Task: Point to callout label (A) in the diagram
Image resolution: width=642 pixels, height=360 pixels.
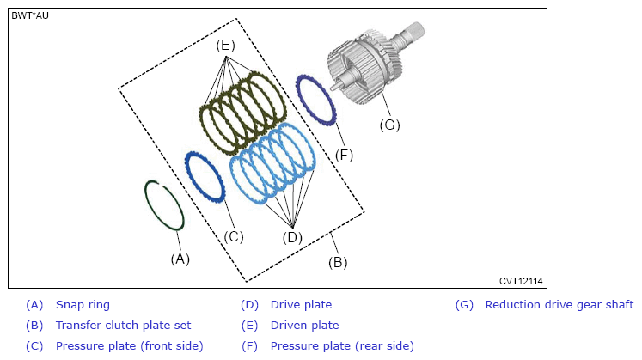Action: tap(180, 259)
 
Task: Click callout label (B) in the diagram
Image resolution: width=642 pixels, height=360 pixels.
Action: tap(338, 262)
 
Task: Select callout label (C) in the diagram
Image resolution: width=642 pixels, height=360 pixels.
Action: tap(234, 237)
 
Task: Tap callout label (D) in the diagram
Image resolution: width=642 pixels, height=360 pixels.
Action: tap(292, 237)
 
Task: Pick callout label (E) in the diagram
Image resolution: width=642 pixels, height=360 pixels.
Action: tap(225, 45)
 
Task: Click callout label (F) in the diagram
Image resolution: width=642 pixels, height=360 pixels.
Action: tap(344, 156)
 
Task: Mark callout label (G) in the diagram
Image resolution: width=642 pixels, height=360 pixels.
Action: tap(390, 125)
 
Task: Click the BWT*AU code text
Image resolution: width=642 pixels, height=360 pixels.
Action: tap(30, 15)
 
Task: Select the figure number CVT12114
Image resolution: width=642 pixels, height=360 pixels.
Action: tap(521, 281)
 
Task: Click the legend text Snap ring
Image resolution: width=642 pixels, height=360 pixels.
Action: tap(83, 305)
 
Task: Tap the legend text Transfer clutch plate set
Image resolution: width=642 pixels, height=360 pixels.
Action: tap(123, 326)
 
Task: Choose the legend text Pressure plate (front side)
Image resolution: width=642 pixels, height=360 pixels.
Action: tap(130, 346)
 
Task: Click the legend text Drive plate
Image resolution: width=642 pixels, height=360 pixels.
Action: tap(301, 305)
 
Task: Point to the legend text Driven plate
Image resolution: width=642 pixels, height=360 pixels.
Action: tap(304, 326)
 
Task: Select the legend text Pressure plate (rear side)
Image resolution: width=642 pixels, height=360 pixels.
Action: tap(342, 346)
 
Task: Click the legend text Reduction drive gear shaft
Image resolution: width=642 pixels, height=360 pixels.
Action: tap(559, 305)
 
